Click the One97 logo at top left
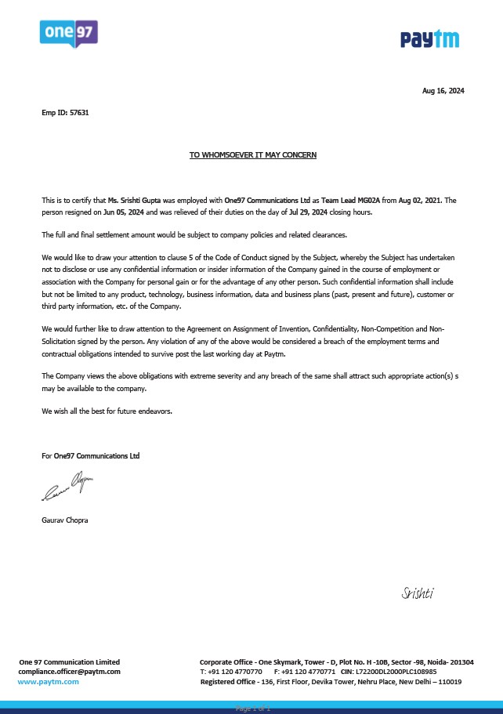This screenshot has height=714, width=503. (x=68, y=34)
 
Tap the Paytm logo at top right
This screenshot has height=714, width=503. (x=430, y=38)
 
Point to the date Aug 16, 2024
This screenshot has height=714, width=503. (x=443, y=91)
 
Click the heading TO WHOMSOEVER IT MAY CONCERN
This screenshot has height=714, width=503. (x=253, y=155)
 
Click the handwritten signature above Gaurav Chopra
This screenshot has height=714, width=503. (x=67, y=488)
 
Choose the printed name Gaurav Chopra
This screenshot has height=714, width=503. (x=65, y=520)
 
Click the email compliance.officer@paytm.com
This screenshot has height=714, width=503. (x=70, y=672)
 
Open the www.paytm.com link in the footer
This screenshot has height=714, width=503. (x=49, y=682)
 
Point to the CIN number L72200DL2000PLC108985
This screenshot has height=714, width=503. (x=395, y=672)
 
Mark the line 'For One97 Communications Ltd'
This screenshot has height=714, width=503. (x=91, y=455)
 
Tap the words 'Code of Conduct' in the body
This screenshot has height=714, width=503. (x=211, y=257)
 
